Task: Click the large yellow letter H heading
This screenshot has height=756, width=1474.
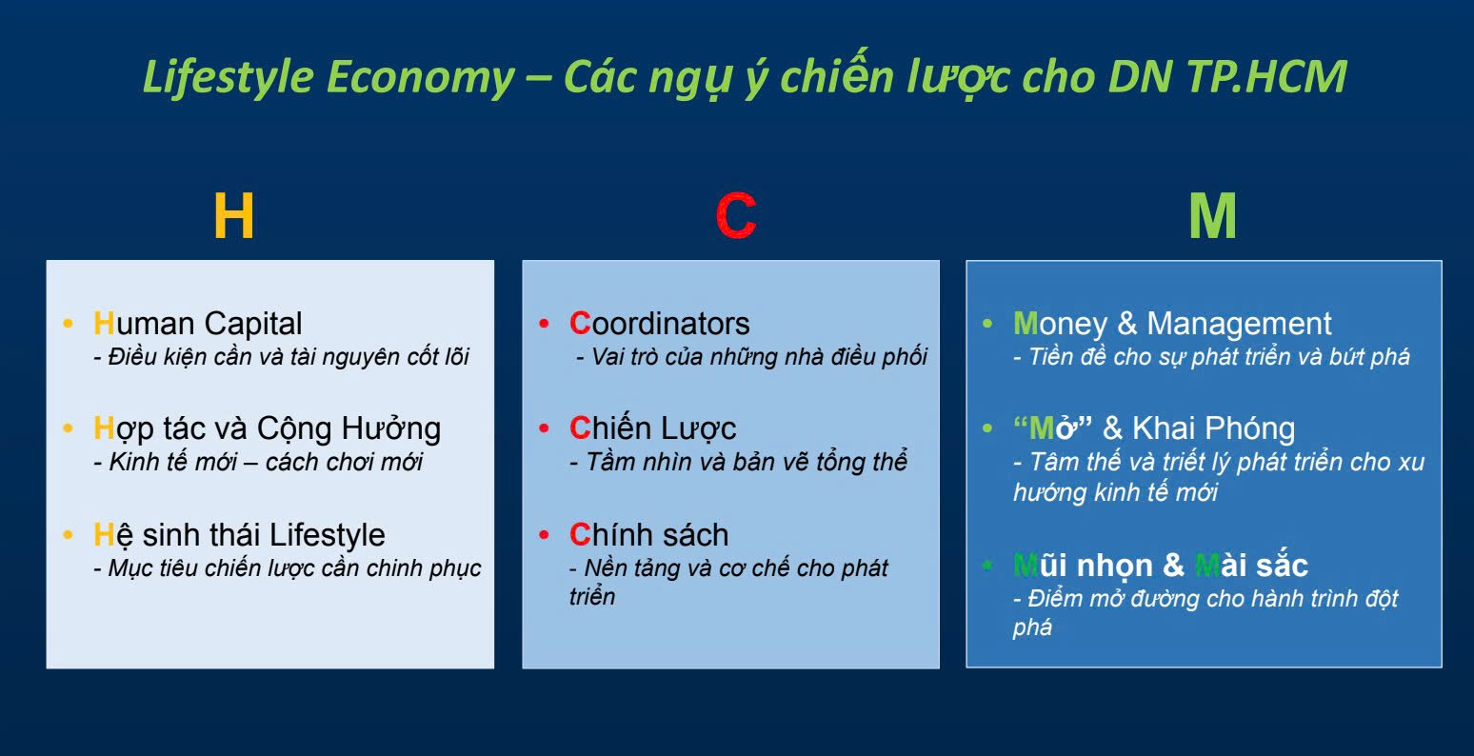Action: tap(233, 217)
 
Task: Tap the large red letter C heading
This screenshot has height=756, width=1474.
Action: tap(735, 217)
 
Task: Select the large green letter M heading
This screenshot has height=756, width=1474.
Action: tap(1212, 217)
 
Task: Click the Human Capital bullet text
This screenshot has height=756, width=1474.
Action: tap(198, 324)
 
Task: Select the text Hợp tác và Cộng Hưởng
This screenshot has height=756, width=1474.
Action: tap(267, 428)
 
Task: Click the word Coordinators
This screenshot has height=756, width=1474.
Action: tap(660, 324)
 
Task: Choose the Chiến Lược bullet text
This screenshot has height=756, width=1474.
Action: tap(652, 428)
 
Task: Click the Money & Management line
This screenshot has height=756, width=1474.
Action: tap(1172, 324)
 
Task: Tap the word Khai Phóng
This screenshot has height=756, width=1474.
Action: tap(1213, 428)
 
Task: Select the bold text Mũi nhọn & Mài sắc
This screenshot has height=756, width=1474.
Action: tap(1160, 566)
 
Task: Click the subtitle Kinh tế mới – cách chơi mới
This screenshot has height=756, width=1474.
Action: tap(258, 463)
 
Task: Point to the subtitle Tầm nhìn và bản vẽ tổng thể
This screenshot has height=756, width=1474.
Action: tap(738, 463)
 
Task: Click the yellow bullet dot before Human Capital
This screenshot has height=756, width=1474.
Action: tap(68, 325)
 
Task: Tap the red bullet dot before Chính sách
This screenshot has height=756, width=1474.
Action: tap(544, 535)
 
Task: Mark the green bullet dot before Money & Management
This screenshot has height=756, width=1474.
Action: tap(987, 325)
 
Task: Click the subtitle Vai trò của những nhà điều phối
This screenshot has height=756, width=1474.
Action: tap(751, 358)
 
